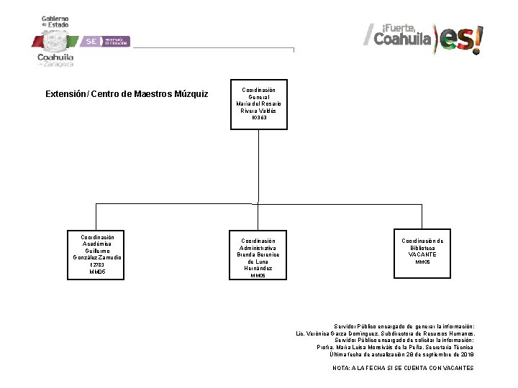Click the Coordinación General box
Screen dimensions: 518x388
click(x=258, y=104)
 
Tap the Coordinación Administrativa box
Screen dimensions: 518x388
click(x=258, y=254)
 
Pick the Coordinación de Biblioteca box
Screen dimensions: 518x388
click(x=422, y=252)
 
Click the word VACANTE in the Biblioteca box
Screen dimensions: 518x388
click(x=422, y=254)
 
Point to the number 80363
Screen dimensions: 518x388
click(x=259, y=118)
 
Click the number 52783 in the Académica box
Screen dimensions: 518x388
click(x=97, y=265)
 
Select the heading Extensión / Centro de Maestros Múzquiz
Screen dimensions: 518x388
click(x=127, y=94)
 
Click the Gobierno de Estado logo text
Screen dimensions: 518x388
click(x=55, y=22)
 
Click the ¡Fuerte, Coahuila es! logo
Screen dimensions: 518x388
click(x=423, y=37)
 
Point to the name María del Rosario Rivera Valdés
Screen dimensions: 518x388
click(x=259, y=107)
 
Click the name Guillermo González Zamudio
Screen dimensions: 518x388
click(x=97, y=254)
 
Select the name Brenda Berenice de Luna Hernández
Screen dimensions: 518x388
click(x=259, y=262)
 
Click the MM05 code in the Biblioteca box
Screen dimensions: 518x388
click(x=422, y=262)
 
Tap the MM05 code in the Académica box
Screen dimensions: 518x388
click(x=97, y=272)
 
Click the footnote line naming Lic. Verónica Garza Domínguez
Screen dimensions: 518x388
click(x=386, y=333)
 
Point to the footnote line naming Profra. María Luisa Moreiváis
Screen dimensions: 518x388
click(x=395, y=347)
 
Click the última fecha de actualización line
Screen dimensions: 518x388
click(x=401, y=354)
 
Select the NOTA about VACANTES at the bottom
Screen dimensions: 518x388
click(x=403, y=368)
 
